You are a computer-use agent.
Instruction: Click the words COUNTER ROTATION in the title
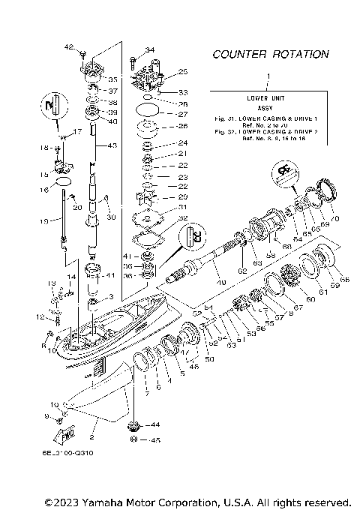270,54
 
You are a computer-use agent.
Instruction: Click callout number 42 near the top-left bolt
68,47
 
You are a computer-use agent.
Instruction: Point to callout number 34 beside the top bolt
149,50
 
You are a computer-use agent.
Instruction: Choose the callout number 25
181,72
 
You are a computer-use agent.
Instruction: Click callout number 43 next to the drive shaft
112,145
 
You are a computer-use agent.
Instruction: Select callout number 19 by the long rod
44,220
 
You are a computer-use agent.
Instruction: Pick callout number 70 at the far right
334,218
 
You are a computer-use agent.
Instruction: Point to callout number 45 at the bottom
155,440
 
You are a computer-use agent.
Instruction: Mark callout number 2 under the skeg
91,436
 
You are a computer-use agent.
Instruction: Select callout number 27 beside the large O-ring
181,114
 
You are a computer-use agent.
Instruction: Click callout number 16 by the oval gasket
44,190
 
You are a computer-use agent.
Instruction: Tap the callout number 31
181,207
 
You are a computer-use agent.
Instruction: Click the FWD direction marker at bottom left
62,433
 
